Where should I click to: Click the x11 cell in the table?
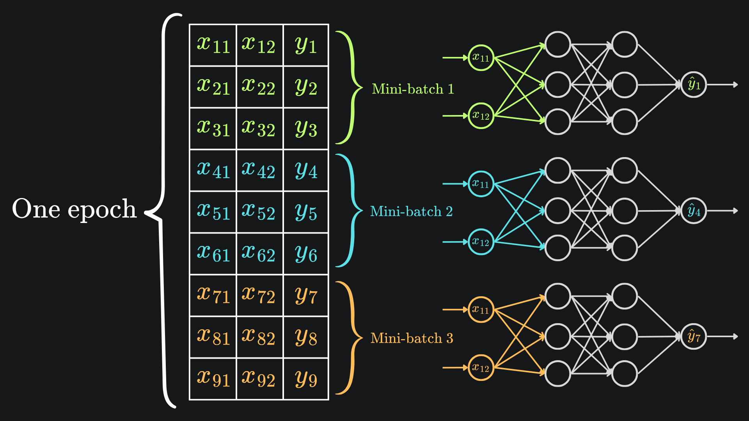click(213, 45)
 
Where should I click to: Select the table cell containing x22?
click(259, 87)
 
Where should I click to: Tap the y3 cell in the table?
click(306, 129)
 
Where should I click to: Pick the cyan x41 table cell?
click(213, 170)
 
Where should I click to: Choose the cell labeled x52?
click(259, 212)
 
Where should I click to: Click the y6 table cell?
click(306, 254)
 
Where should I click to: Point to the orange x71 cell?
click(213, 295)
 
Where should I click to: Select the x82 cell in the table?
click(259, 337)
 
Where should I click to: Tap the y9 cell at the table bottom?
click(306, 379)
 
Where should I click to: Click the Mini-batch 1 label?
click(413, 89)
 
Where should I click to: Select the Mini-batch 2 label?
click(411, 211)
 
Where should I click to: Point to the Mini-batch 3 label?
click(412, 338)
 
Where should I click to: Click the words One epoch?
click(74, 209)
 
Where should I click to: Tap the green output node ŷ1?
click(694, 85)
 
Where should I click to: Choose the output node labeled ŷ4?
click(694, 211)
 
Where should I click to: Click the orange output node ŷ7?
click(694, 337)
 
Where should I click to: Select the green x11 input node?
click(481, 58)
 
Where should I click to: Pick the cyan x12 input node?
click(481, 242)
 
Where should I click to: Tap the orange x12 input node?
click(481, 368)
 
